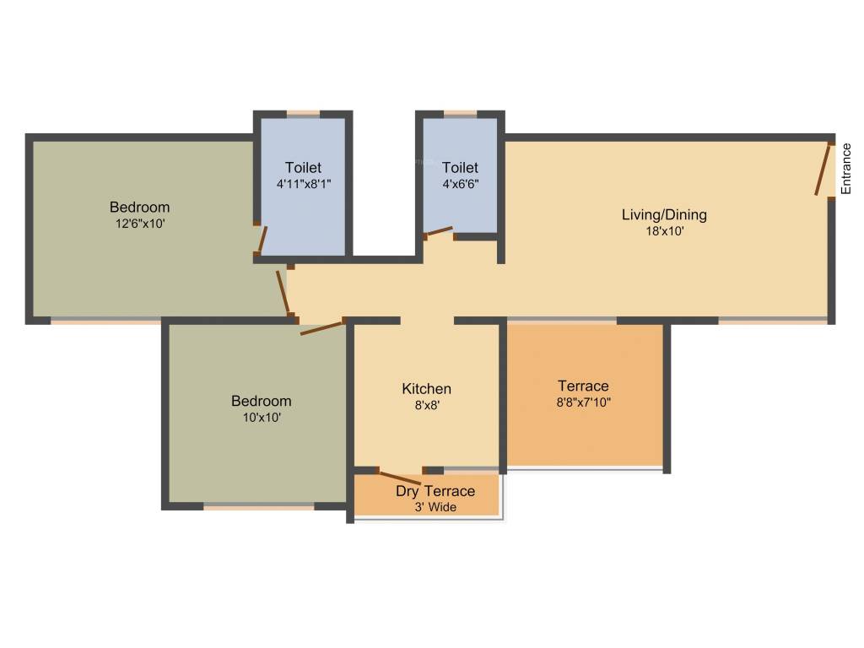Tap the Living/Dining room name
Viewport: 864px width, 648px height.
pos(664,214)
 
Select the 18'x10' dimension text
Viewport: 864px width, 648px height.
pos(664,230)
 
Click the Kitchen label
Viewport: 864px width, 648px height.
pos(426,389)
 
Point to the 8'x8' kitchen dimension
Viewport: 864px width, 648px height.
pos(426,405)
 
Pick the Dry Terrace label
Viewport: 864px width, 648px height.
pos(435,491)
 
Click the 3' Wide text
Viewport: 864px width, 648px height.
pos(435,507)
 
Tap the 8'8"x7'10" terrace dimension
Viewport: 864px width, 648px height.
pos(583,402)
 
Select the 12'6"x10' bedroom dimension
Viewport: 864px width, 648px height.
pos(139,224)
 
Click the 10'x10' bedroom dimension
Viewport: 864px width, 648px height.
pos(261,417)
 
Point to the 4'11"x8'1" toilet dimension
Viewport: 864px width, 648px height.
pos(303,183)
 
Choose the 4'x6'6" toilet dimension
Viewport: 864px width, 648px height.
pos(460,183)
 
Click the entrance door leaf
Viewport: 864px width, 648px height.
pos(823,170)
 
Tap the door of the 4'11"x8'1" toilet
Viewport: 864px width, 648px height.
pos(262,240)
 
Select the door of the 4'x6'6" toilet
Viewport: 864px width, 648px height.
pos(439,230)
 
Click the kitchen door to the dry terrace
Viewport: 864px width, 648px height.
pos(399,477)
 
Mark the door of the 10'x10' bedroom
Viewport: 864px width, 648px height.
pos(321,327)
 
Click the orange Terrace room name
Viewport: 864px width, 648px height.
pos(583,386)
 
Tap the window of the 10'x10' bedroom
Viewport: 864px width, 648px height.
pos(259,507)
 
